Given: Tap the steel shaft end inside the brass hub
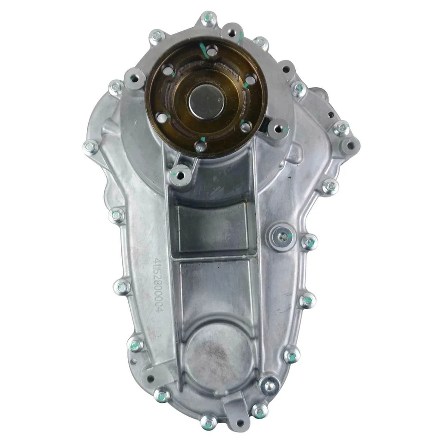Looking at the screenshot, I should pos(206,101).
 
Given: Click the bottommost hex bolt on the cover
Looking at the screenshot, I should pos(209,420).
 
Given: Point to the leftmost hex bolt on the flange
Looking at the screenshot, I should pos(90,147).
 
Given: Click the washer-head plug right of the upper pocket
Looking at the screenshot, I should pos(282,236).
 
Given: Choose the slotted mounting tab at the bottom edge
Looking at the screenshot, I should pos(233,406).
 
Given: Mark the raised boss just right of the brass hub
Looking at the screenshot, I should pos(278,131).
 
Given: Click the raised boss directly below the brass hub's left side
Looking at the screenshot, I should pos(180,174).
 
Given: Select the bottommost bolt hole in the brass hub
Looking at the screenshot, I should pos(201,147).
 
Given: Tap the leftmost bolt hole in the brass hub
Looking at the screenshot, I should pos(161,118).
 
